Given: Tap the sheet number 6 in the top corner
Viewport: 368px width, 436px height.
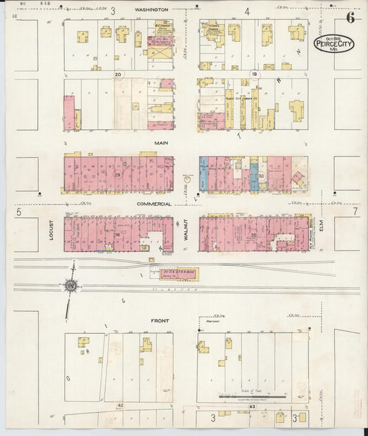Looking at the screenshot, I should pyautogui.click(x=350, y=18).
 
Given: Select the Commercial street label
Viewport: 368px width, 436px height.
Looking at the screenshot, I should pyautogui.click(x=153, y=204).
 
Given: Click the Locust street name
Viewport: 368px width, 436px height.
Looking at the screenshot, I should pyautogui.click(x=51, y=230).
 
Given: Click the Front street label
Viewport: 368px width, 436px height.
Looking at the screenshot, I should pyautogui.click(x=160, y=321).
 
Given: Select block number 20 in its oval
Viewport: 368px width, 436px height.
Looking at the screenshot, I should pyautogui.click(x=118, y=73).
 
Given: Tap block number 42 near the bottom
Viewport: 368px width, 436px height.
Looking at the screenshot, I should pyautogui.click(x=120, y=405).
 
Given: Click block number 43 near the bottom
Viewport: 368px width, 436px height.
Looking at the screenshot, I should pyautogui.click(x=253, y=407).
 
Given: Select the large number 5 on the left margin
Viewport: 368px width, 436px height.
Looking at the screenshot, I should pyautogui.click(x=19, y=214).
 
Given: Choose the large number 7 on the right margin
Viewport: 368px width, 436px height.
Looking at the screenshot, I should pyautogui.click(x=355, y=212).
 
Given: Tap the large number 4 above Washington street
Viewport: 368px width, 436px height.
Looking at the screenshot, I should pyautogui.click(x=246, y=12).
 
